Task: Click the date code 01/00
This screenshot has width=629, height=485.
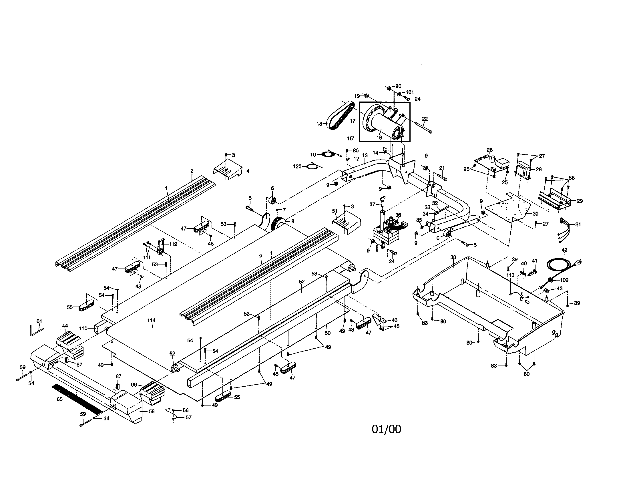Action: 386,429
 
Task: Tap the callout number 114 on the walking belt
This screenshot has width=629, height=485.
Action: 151,320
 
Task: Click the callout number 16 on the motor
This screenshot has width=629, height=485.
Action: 379,138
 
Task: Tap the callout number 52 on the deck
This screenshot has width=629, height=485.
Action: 302,282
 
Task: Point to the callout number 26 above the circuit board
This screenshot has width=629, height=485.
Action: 489,150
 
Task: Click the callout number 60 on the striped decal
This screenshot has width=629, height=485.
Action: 59,399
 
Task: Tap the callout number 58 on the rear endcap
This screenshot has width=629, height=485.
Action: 152,411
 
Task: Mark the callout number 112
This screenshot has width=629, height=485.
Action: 173,244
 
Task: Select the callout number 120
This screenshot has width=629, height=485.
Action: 297,166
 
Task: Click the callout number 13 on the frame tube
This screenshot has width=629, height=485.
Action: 365,155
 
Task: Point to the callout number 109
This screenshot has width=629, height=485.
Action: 564,280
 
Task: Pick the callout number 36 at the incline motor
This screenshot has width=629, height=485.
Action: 398,214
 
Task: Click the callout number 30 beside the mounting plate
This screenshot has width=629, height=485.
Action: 535,214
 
